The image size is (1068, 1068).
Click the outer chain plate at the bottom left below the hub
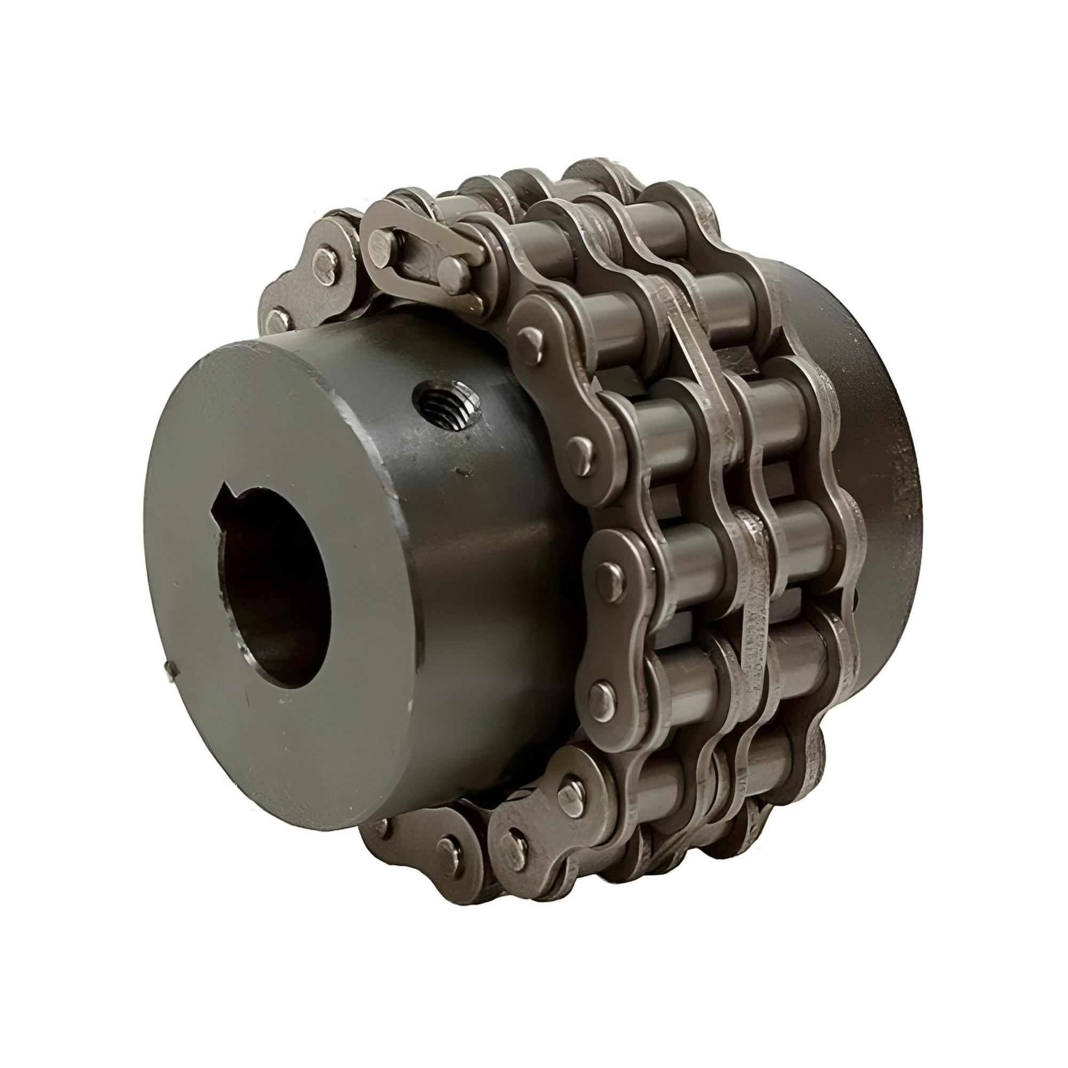[437, 846]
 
